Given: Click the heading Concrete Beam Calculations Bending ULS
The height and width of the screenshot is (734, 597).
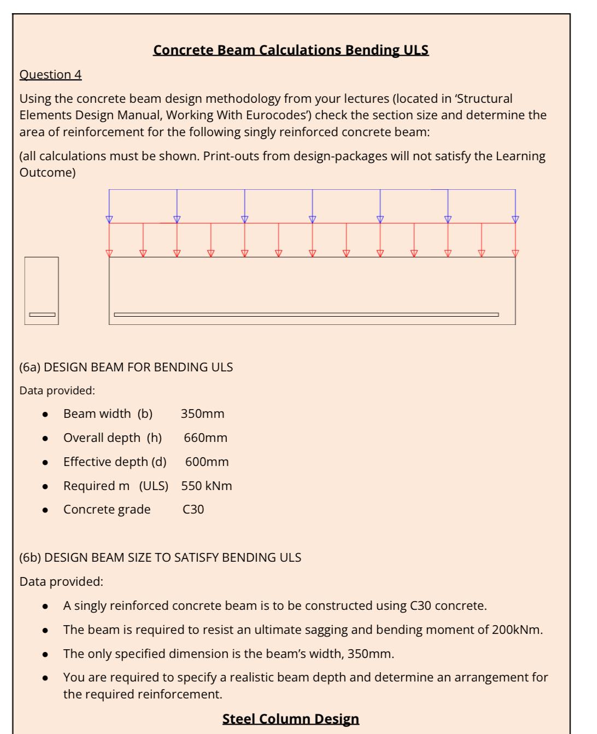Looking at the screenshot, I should [290, 50].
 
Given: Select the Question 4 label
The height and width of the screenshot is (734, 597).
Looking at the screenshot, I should [50, 74].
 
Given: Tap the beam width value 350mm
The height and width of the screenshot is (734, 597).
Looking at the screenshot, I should [202, 413].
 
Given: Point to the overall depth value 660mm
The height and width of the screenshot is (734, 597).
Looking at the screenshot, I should [206, 438].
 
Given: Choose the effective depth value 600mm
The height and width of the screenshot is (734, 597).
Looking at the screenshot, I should [207, 462].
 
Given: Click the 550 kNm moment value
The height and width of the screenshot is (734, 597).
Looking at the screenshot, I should [207, 486].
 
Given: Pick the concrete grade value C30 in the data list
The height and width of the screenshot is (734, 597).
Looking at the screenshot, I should [193, 509].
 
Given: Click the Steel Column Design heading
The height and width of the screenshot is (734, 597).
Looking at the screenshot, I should [290, 718].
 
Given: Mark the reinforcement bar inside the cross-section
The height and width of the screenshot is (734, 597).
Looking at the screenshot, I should [42, 314].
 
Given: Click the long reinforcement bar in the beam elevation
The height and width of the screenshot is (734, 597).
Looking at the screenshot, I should [306, 314].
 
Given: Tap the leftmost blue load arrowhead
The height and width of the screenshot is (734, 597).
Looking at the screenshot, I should [109, 219].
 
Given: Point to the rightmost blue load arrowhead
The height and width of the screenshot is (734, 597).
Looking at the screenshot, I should [515, 219].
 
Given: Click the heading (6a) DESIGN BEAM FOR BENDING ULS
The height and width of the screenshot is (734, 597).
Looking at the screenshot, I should [126, 367].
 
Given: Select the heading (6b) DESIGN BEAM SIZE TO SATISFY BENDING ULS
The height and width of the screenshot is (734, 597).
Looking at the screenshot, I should [160, 557].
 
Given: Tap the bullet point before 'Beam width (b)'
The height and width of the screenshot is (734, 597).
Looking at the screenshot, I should [45, 415].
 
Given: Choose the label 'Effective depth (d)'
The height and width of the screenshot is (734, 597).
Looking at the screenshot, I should [115, 462].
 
